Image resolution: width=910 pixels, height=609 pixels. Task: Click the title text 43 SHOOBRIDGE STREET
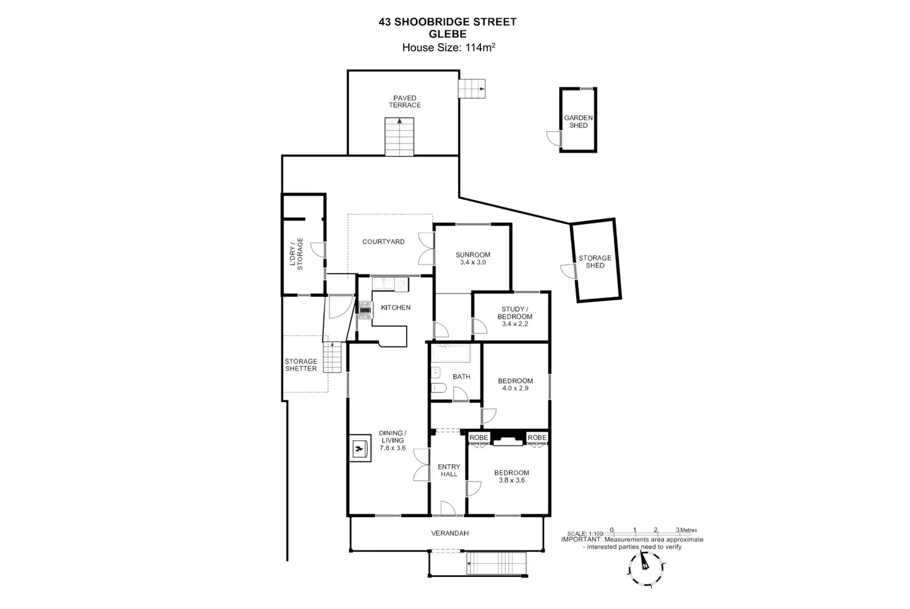point(448,22)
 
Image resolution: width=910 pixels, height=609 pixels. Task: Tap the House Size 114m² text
point(448,48)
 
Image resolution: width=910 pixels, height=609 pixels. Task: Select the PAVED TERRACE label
point(405,101)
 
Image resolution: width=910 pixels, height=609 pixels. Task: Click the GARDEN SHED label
point(578,121)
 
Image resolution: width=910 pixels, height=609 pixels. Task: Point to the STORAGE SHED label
point(595,262)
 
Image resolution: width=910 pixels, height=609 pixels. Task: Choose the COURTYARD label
point(383,242)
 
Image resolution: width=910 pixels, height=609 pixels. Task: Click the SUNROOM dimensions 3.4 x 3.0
point(473,262)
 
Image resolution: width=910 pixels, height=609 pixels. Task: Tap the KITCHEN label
point(396,308)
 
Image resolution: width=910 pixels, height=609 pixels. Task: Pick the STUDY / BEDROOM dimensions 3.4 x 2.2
point(515,324)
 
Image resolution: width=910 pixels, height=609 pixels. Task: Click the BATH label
point(461,376)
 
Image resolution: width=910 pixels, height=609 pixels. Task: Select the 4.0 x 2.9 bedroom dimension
point(515,388)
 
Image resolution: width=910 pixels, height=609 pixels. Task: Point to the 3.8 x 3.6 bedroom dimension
point(511,480)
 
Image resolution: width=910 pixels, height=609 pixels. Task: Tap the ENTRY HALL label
point(449,470)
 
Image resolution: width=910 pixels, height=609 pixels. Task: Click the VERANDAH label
point(449,533)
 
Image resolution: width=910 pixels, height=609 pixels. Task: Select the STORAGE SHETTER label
point(301,365)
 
